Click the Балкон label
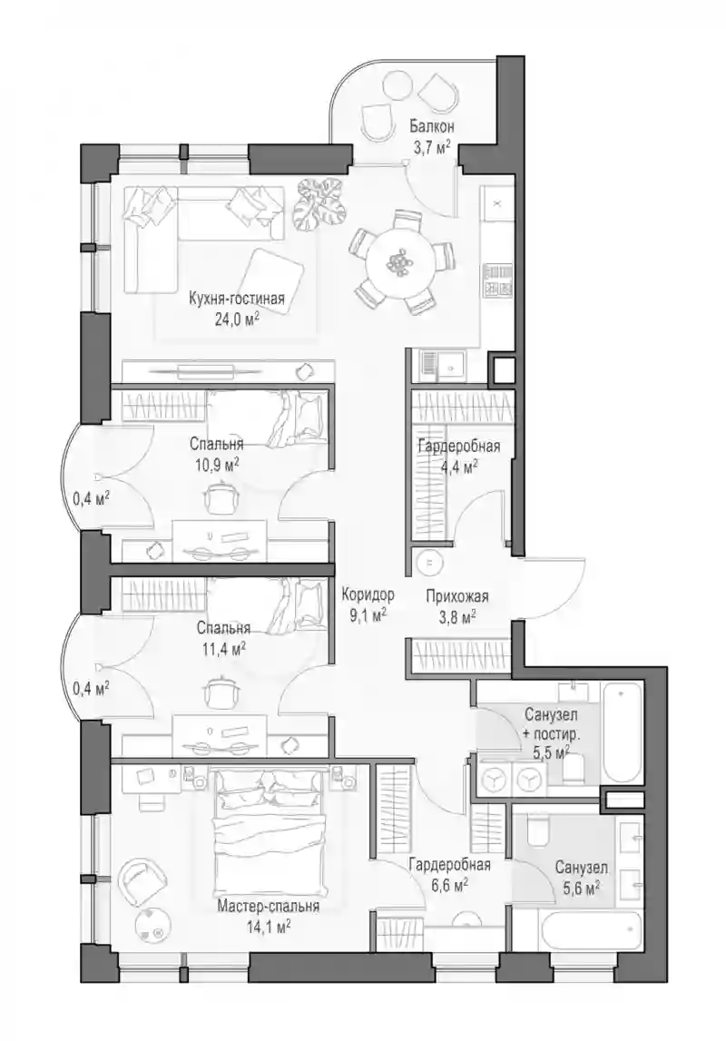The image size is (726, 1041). click(x=431, y=126)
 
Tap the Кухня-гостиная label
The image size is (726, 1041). click(x=237, y=299)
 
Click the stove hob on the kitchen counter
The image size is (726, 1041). click(x=497, y=280)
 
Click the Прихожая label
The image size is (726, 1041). click(x=457, y=596)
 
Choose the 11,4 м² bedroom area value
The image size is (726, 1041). click(x=221, y=647)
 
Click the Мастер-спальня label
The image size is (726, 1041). click(x=269, y=907)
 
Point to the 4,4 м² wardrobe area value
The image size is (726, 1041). click(x=458, y=466)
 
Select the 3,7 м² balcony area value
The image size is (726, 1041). click(x=431, y=147)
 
